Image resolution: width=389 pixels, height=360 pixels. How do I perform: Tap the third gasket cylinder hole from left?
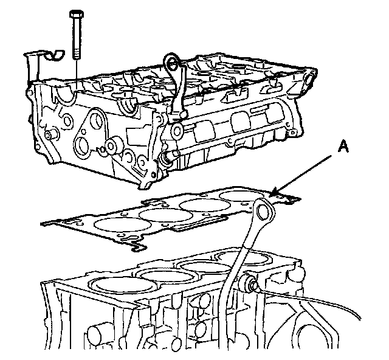(200, 206)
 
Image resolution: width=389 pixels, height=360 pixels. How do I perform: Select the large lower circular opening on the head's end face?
(83, 145)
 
